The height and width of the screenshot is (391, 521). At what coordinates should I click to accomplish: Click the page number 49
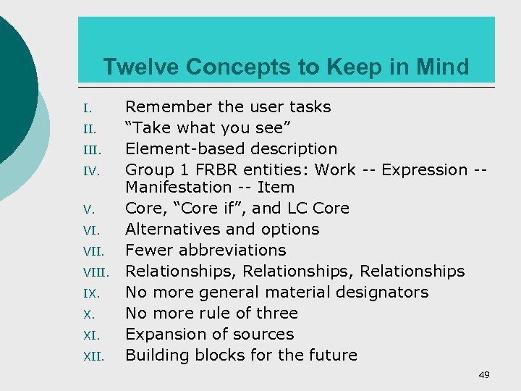tap(484, 375)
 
